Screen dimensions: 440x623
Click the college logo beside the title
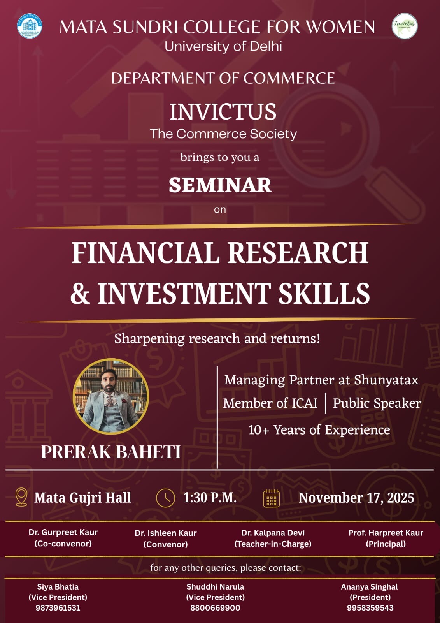pos(30,26)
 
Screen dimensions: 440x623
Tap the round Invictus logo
pos(405,26)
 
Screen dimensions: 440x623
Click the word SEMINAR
pos(220,185)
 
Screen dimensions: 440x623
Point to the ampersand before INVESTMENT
pos(80,294)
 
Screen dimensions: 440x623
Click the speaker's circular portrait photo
pos(111,396)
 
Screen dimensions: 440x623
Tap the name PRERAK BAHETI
pos(111,452)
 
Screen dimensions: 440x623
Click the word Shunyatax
pos(386,380)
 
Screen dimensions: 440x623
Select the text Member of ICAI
pos(270,403)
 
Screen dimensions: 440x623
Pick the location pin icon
pos(21,497)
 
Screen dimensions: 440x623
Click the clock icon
pos(166,498)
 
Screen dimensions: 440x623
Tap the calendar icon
pos(271,498)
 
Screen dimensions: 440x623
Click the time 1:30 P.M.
pos(210,498)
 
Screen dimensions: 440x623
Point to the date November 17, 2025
pos(356,498)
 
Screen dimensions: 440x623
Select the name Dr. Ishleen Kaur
pos(166,533)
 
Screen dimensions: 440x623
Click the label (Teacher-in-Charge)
pos(273,544)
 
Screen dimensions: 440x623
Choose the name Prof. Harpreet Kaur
pos(386,533)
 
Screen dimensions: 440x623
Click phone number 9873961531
pos(58,608)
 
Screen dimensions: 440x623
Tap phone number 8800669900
pos(215,608)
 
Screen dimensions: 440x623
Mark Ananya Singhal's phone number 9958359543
pos(370,608)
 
